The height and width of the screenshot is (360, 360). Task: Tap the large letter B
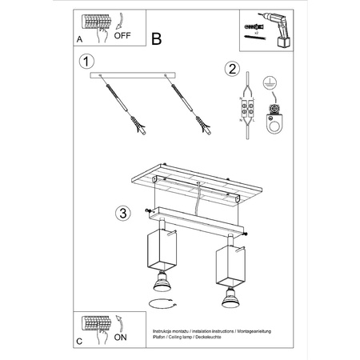[x=157, y=38]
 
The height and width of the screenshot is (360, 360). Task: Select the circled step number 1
[x=86, y=62]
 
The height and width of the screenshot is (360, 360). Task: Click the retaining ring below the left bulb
[x=161, y=302]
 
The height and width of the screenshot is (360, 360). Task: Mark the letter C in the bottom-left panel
[x=78, y=341]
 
